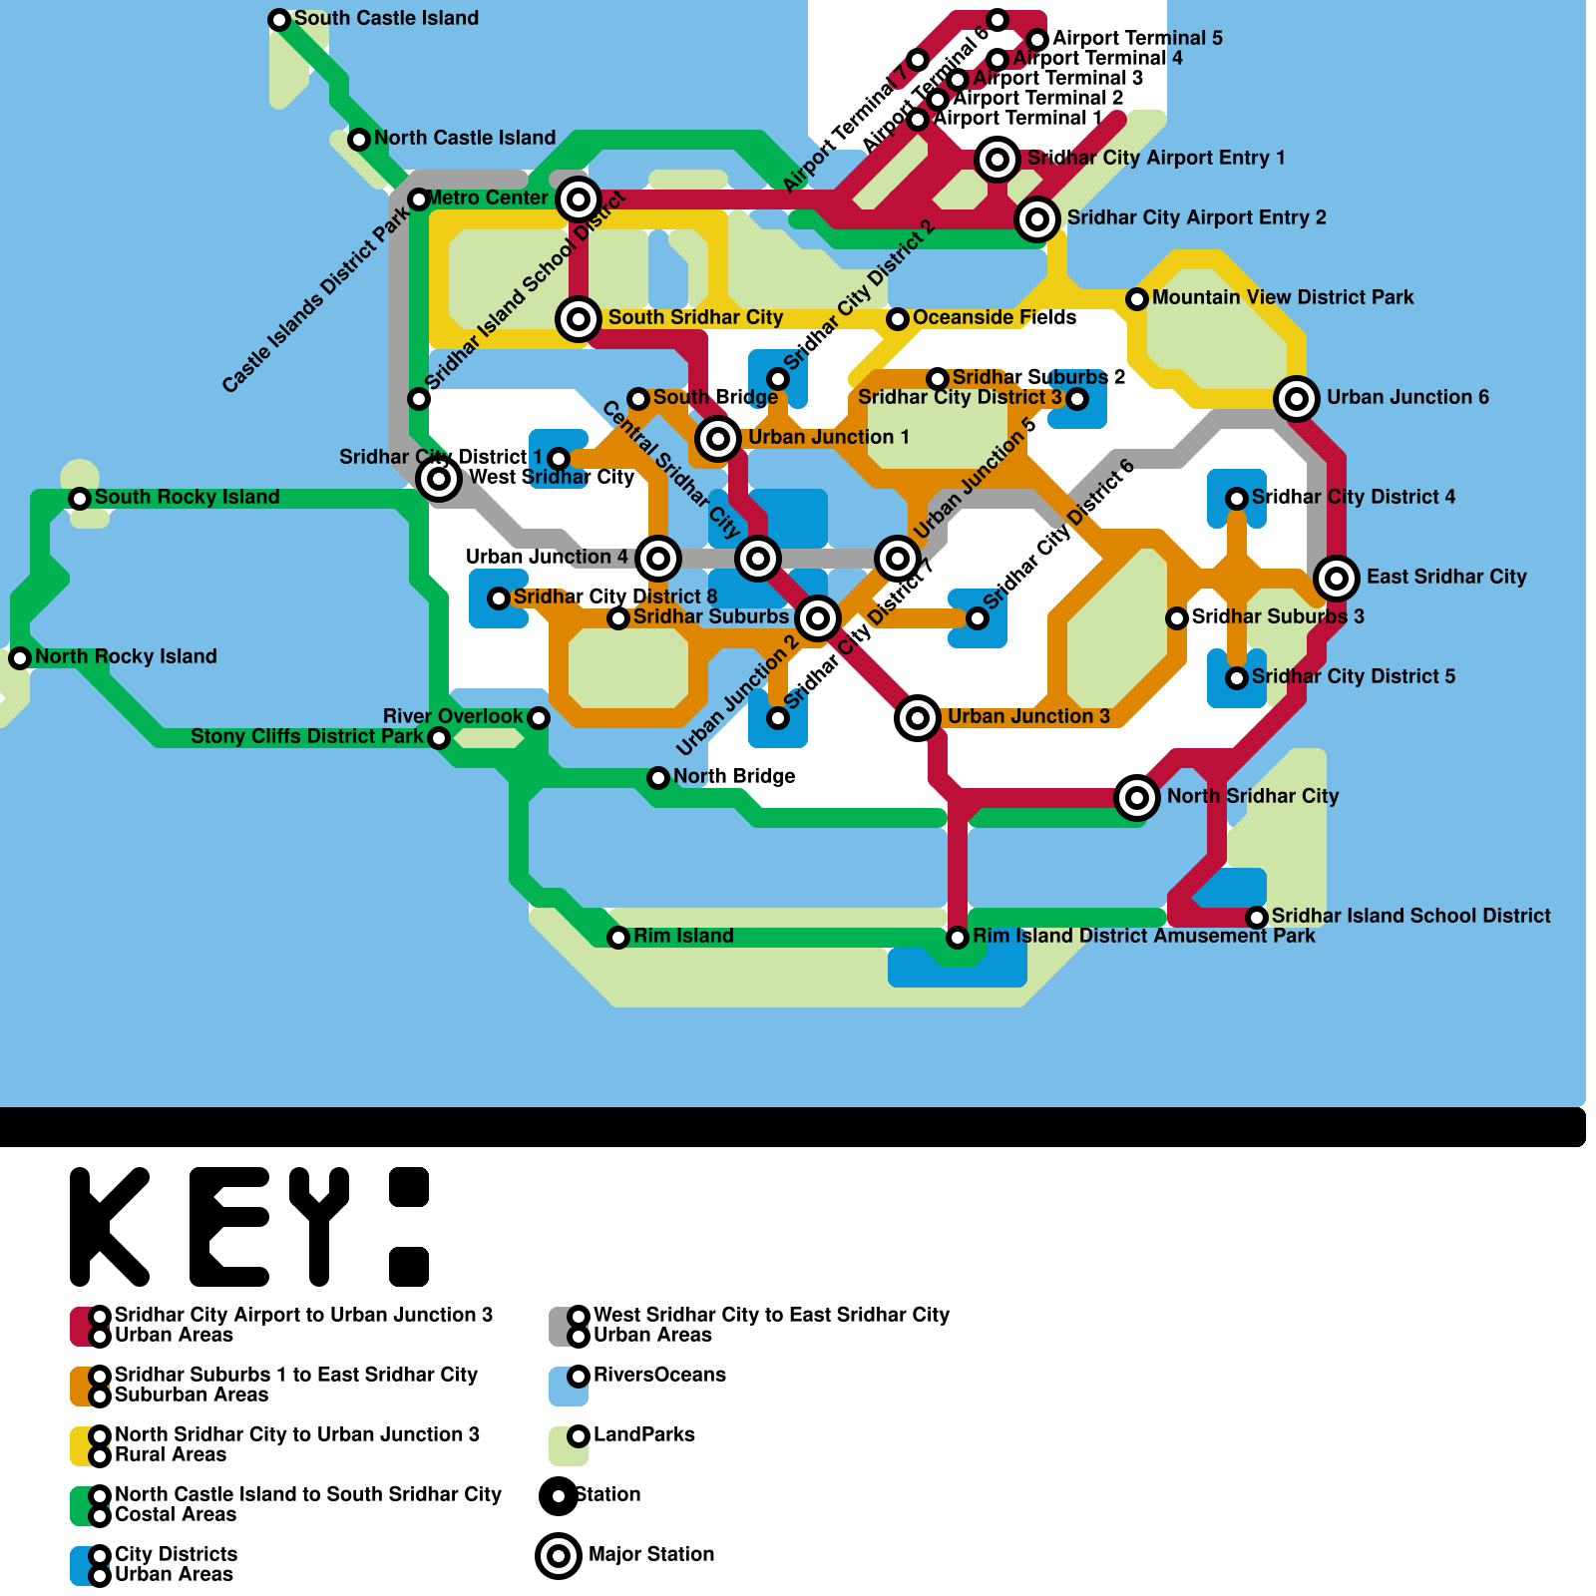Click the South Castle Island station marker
tap(279, 20)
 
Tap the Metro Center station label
tap(488, 198)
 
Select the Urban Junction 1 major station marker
tap(718, 438)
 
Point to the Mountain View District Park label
tap(1282, 297)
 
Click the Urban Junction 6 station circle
tap(1297, 399)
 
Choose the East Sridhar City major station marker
tap(1337, 578)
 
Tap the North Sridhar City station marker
tap(1137, 797)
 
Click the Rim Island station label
tap(683, 936)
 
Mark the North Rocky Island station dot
tap(20, 657)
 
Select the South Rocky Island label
tap(187, 497)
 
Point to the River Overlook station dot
tap(539, 717)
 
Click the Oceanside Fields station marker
tap(898, 318)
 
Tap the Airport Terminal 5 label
tap(1137, 38)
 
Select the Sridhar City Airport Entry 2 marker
tap(1037, 218)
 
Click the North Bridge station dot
tap(658, 777)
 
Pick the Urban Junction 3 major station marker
tap(918, 717)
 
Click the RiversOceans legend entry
tap(659, 1375)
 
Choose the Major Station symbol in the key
tap(559, 1555)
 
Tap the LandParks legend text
tap(643, 1434)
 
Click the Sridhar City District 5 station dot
tap(1237, 677)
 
